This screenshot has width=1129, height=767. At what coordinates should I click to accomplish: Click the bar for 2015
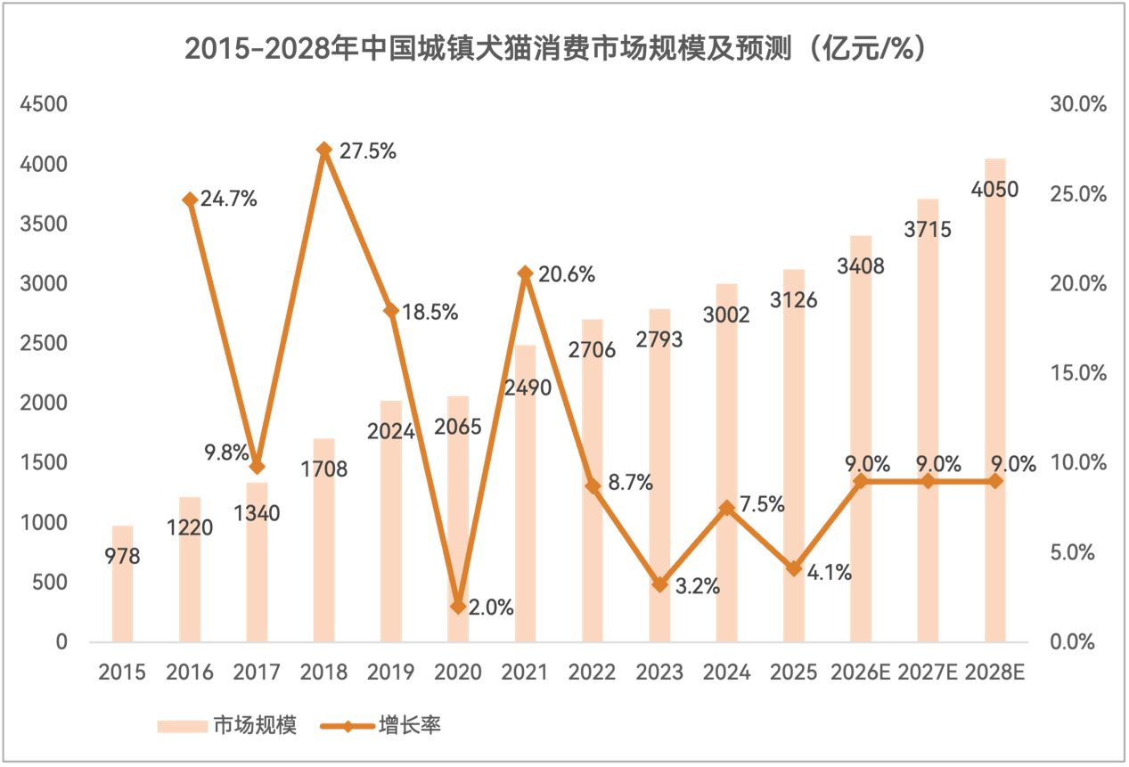[x=122, y=583]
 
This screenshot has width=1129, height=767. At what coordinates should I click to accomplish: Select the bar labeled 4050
[x=994, y=401]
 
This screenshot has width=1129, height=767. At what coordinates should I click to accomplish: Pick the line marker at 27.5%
[x=323, y=150]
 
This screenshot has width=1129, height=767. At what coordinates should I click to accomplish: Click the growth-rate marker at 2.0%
[x=458, y=607]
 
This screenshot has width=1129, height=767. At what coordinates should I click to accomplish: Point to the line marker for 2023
[x=659, y=584]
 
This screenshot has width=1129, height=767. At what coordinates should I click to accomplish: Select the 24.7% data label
[x=228, y=200]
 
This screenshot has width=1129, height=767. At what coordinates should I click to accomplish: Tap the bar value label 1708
[x=323, y=469]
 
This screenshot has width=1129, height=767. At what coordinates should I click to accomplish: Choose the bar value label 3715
[x=927, y=229]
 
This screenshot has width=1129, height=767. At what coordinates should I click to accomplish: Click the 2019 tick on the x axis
[x=391, y=673]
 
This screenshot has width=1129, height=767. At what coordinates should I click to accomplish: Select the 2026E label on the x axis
[x=860, y=673]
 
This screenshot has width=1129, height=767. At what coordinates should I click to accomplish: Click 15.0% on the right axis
[x=1079, y=373]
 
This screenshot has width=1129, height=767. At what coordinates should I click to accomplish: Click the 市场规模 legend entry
[x=226, y=725]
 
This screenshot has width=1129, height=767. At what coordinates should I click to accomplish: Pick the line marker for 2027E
[x=928, y=481]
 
